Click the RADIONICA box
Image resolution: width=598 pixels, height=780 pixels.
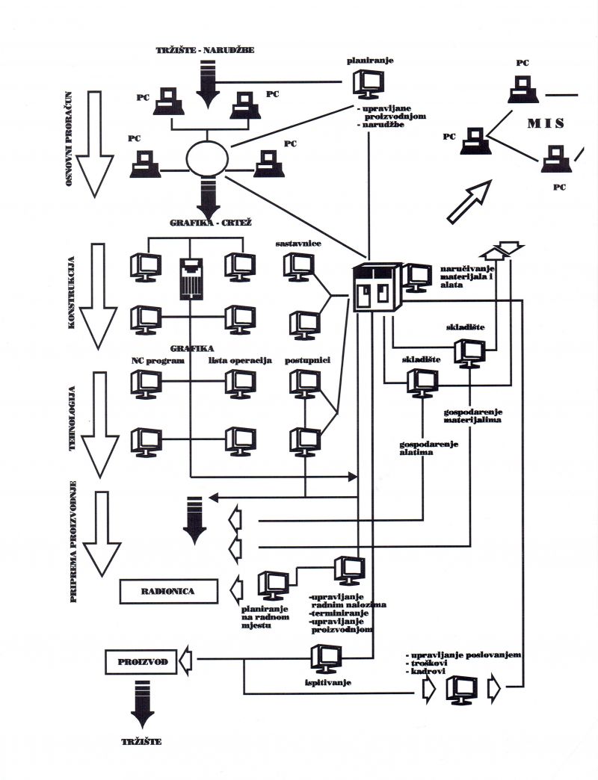[x=167, y=591]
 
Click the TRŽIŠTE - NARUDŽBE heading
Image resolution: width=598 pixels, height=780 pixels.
[x=206, y=50]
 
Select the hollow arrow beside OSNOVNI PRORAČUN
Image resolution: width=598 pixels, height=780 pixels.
[x=96, y=141]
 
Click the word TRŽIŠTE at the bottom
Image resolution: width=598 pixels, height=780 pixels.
[x=140, y=743]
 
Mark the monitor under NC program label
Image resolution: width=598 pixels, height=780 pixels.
[x=146, y=383]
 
